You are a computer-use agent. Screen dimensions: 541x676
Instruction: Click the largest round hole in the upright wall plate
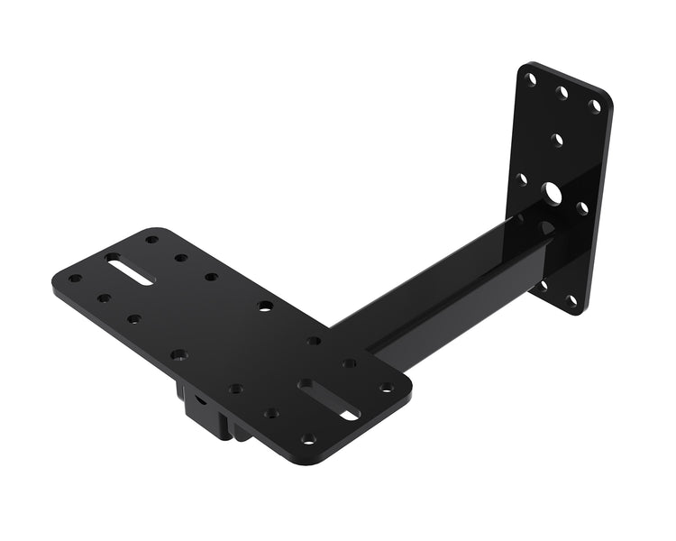pyautogui.click(x=552, y=192)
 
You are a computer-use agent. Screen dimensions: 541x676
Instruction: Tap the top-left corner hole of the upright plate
pyautogui.click(x=531, y=79)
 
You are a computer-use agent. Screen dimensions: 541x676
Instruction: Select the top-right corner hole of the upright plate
pyautogui.click(x=594, y=105)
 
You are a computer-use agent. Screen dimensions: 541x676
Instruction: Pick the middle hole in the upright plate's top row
pyautogui.click(x=562, y=92)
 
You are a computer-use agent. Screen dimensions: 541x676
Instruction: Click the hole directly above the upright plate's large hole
pyautogui.click(x=557, y=140)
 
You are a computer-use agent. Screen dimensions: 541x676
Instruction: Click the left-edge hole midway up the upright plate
pyautogui.click(x=521, y=179)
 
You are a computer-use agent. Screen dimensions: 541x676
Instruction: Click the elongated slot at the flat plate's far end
pyautogui.click(x=129, y=269)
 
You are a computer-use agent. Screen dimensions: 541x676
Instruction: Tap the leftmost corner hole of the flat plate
pyautogui.click(x=75, y=279)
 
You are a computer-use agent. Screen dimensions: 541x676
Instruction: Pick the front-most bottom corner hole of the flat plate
pyautogui.click(x=308, y=439)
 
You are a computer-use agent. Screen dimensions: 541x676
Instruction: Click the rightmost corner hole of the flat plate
pyautogui.click(x=386, y=387)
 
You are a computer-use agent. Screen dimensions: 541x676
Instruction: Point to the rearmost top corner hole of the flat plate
pyautogui.click(x=151, y=240)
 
